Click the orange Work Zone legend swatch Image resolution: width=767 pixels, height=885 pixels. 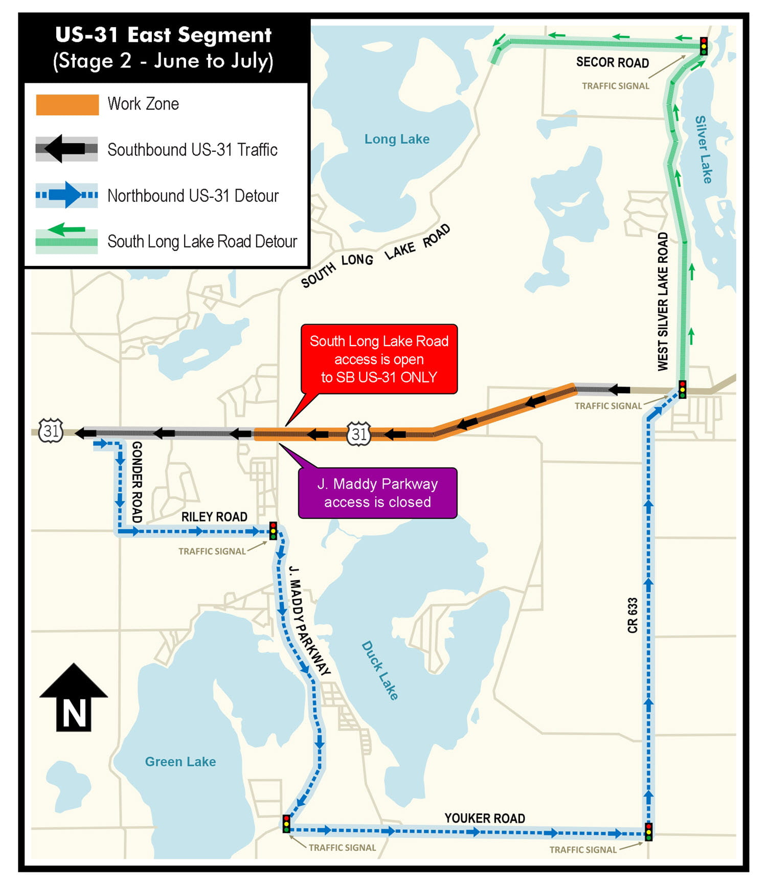67,104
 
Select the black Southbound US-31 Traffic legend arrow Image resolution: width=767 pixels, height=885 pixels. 66,149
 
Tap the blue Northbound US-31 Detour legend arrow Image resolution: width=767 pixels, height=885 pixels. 66,195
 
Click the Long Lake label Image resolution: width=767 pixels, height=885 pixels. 397,139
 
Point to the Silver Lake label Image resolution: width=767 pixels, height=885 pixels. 703,149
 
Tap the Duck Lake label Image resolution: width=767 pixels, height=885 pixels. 380,670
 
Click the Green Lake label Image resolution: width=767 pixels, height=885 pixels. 181,762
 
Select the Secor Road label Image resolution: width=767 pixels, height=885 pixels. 612,62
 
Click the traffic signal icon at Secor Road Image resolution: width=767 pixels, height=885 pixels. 704,46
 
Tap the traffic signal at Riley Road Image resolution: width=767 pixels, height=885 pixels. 273,531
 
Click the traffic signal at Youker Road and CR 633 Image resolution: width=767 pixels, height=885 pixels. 648,832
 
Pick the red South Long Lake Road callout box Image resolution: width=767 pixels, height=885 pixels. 379,359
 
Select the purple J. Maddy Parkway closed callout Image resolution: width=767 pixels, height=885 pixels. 377,493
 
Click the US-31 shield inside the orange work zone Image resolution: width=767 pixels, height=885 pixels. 359,434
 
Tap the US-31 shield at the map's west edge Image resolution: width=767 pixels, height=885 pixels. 51,430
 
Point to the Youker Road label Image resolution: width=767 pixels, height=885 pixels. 484,819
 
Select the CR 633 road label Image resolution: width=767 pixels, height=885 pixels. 633,615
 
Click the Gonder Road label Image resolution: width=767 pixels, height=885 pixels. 137,482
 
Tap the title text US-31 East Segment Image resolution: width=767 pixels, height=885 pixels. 163,35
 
